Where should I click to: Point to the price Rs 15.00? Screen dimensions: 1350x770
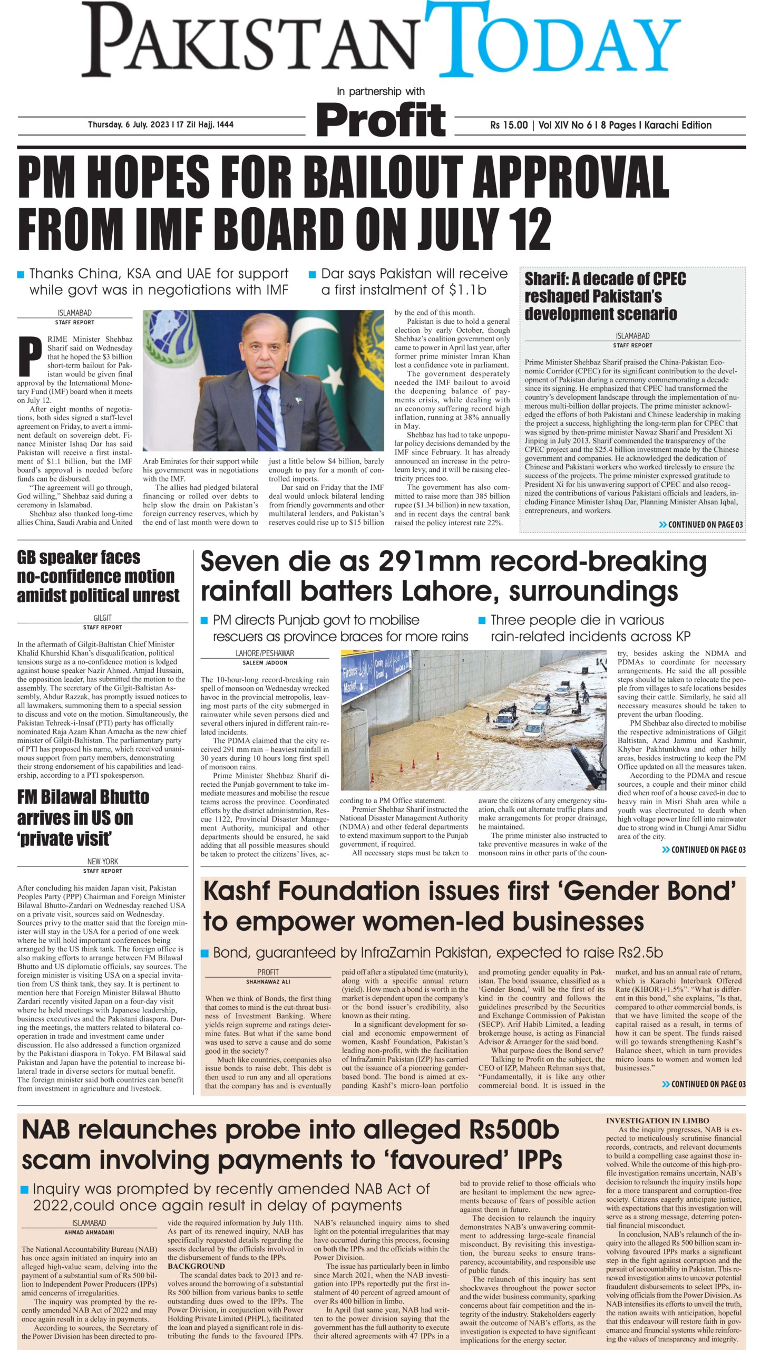[x=508, y=126]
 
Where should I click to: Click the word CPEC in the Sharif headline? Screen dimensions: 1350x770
[x=668, y=279]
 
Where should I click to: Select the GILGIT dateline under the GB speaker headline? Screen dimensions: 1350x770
[x=103, y=618]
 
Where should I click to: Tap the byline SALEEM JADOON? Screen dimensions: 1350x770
[x=265, y=663]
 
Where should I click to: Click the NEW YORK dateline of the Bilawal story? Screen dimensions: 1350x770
[x=103, y=862]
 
